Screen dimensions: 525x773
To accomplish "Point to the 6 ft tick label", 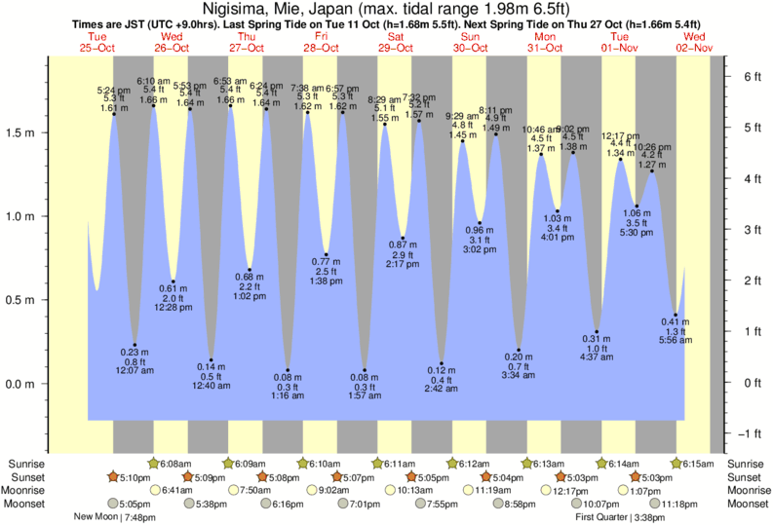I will tap(752, 76).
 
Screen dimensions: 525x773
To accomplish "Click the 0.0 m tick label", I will tap(23, 384).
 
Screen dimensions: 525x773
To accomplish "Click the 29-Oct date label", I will tap(395, 48).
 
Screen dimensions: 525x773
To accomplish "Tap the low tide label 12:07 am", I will tap(135, 371).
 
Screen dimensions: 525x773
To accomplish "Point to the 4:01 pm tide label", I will tap(557, 238).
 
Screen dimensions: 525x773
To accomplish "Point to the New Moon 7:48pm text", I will tap(115, 517).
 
